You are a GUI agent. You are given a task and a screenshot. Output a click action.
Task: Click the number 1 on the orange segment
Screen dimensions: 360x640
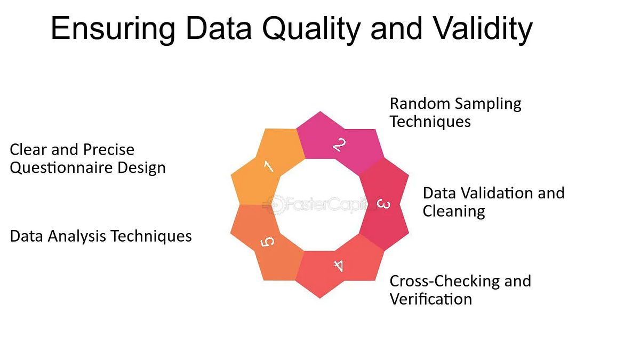pos(269,166)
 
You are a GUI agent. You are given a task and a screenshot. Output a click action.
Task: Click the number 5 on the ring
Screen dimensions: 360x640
pos(268,243)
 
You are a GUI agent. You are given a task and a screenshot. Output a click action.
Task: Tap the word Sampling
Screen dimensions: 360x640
pos(490,103)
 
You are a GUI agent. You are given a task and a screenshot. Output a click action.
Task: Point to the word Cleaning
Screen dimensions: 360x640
pos(454,211)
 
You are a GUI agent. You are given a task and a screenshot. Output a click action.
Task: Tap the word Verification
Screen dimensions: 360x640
pos(431,299)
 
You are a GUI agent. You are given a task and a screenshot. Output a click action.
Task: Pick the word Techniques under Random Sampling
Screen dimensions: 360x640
pos(430,122)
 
